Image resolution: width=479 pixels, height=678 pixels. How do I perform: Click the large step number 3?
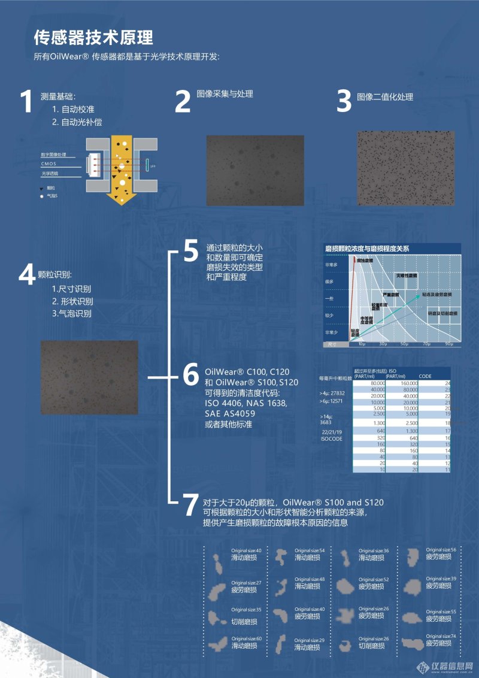coord(344,101)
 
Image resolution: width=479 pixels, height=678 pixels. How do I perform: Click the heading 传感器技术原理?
coord(93,38)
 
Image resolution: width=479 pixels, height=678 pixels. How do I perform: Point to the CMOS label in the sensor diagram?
coord(48,164)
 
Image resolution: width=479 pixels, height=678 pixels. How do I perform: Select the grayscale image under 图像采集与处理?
coord(255,162)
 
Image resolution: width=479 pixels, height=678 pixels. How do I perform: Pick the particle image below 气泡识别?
coord(89,377)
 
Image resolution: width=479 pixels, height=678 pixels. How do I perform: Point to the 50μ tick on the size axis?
coord(404,344)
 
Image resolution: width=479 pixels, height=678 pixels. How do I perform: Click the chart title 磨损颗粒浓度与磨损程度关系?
coord(367,247)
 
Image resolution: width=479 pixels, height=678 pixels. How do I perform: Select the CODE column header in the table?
coord(425,376)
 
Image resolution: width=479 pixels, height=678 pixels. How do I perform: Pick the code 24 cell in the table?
coord(447,383)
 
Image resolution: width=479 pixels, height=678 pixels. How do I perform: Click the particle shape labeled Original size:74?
coord(413,644)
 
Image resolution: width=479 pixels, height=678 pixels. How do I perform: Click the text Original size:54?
coord(310,550)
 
